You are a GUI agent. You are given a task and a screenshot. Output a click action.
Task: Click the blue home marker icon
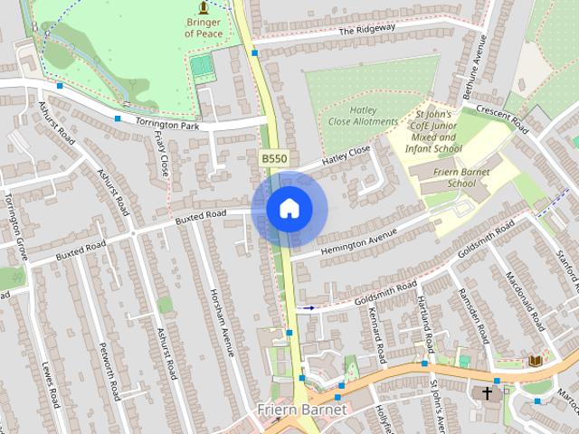coord(289,208)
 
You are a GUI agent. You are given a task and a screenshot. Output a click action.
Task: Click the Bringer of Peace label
coord(203,27)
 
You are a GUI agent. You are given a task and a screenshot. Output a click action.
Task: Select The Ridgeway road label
coord(367,29)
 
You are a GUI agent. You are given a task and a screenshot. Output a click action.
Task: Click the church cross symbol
coord(488,393)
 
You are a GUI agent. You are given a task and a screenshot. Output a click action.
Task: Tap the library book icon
coord(535,361)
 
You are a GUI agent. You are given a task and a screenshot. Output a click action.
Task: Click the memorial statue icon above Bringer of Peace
coord(203,7)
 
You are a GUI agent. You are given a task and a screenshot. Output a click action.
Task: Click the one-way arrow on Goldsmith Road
coord(308,308)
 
